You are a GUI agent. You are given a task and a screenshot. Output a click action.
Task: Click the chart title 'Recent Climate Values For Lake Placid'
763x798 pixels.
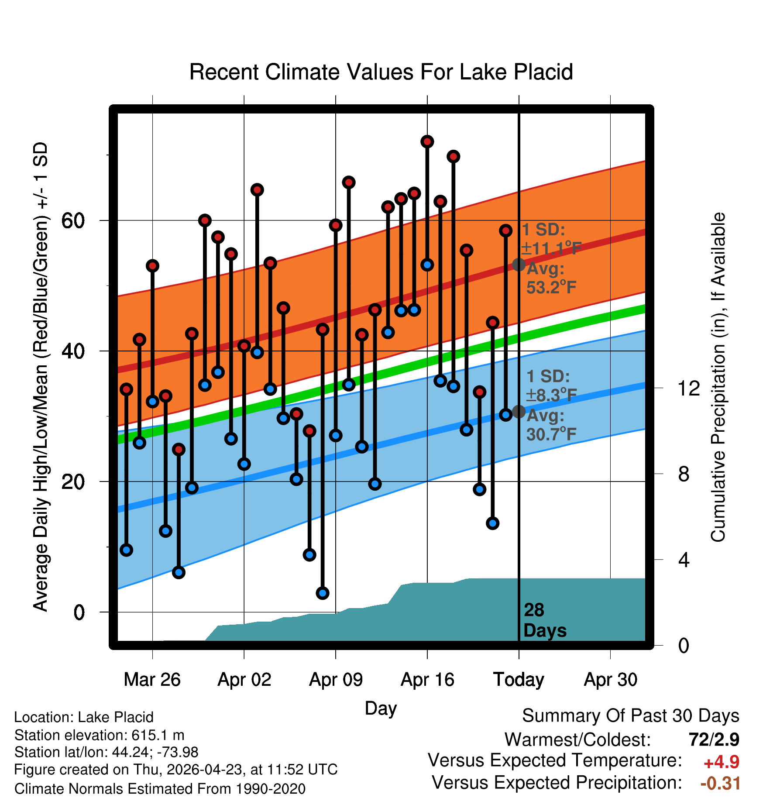[x=381, y=72]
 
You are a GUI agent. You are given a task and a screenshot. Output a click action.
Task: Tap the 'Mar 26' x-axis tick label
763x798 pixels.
[x=152, y=680]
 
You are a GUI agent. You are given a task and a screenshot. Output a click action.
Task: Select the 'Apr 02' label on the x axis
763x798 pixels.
[x=244, y=680]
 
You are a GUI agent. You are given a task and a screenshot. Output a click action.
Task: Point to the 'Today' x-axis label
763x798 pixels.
[x=519, y=680]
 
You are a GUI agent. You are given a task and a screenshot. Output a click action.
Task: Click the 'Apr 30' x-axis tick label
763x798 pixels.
[x=611, y=680]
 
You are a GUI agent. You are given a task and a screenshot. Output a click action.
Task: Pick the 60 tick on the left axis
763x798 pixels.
[x=73, y=220]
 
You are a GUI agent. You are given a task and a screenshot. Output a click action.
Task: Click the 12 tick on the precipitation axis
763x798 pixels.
[x=689, y=388]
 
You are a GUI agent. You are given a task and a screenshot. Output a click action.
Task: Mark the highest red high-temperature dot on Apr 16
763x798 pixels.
[x=427, y=141]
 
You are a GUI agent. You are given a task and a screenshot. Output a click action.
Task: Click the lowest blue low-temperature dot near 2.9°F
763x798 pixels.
[x=323, y=593]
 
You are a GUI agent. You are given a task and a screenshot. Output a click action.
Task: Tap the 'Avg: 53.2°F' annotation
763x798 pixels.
[x=551, y=278]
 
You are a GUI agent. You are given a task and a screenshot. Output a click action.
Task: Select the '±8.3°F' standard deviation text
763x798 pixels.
[x=551, y=396]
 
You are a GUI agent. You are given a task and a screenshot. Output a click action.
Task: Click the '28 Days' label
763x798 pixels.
[x=545, y=620]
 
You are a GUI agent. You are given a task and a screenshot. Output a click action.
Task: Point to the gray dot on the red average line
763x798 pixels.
[x=519, y=264]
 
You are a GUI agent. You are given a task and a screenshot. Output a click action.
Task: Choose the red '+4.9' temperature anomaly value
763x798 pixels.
[x=722, y=762]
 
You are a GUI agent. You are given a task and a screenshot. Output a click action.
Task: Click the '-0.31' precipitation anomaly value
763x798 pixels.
[x=720, y=783]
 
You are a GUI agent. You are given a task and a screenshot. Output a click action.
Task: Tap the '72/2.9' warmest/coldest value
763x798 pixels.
[x=714, y=740]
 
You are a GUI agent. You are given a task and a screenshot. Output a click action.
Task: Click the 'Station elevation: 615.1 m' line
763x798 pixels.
[x=100, y=736]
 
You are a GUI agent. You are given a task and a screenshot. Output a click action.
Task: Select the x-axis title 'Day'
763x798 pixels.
[x=381, y=708]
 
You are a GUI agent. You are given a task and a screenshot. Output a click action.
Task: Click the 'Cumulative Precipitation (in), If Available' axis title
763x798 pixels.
[x=718, y=377]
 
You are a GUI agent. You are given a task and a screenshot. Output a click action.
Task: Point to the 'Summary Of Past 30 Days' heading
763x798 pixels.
[x=631, y=716]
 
